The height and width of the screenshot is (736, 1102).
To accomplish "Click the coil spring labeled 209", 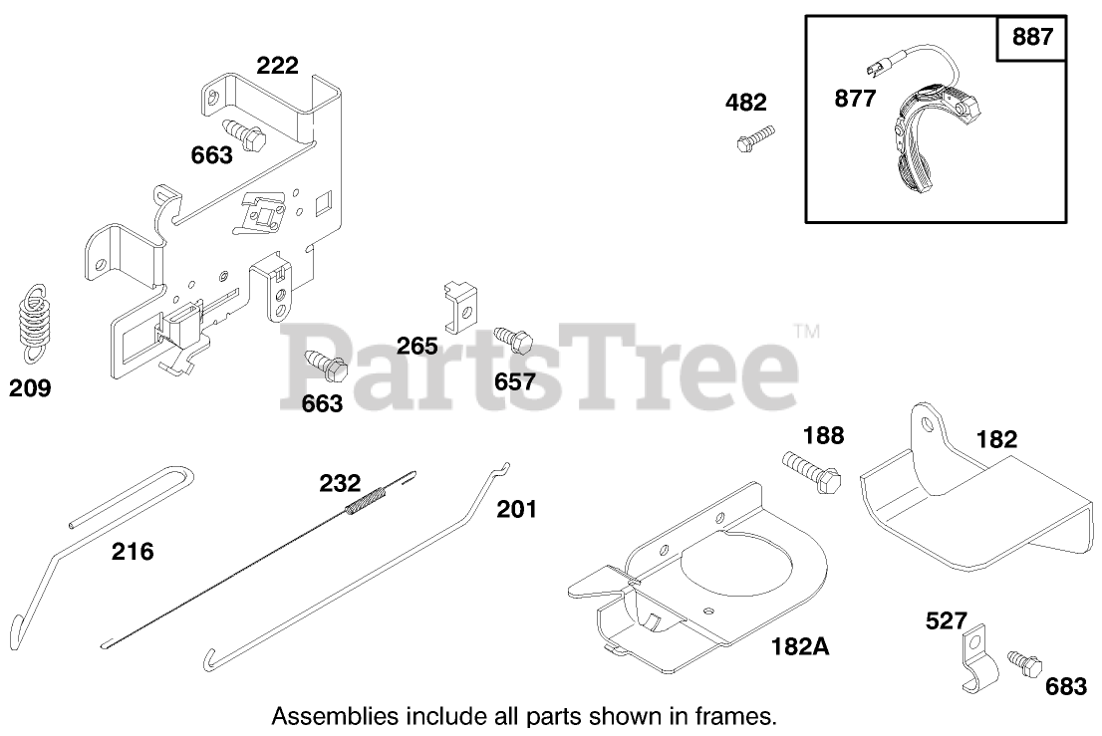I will pos(35,321).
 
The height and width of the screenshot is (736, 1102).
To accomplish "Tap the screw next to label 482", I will pos(754,137).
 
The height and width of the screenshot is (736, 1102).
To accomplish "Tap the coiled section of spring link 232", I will pos(365,497).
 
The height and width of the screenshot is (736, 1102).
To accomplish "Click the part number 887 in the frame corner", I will pos(1032,39).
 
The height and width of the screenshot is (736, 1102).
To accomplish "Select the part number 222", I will pos(277,66).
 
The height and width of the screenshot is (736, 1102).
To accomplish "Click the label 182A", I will pos(800,646).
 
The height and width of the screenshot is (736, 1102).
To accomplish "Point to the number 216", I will pos(133,551).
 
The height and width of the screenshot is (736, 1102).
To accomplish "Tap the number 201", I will pos(516,510).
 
